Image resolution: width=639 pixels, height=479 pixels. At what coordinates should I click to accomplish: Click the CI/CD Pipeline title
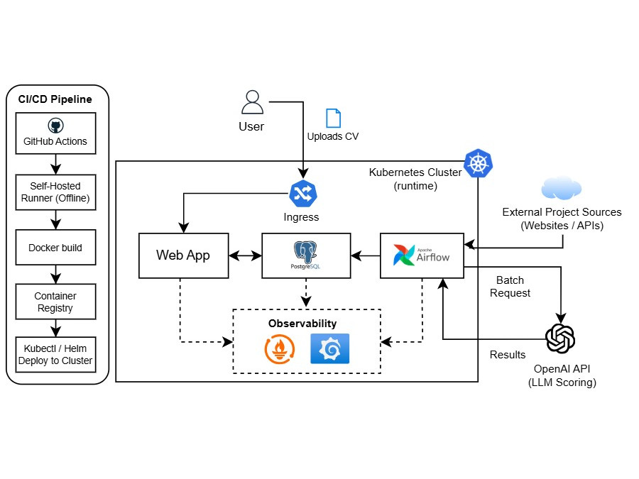point(55,99)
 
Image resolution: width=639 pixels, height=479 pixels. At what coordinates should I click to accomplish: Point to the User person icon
point(252,102)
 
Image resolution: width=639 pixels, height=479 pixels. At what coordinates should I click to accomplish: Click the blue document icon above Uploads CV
point(332,119)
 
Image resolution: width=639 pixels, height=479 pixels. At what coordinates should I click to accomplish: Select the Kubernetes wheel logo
point(478,164)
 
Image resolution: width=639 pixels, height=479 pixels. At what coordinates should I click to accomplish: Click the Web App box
point(183,255)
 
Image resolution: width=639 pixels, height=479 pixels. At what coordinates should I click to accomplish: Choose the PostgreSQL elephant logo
point(305,253)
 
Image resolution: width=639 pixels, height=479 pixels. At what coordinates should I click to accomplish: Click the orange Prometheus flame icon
point(280,348)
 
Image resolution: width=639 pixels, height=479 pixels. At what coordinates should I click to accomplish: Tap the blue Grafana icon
point(330,348)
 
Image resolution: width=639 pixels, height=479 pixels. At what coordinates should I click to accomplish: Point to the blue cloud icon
point(561,189)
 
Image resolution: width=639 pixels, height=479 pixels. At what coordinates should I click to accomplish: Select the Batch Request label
point(513,287)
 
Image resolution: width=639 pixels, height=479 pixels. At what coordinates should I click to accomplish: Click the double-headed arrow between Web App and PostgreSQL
point(246,255)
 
